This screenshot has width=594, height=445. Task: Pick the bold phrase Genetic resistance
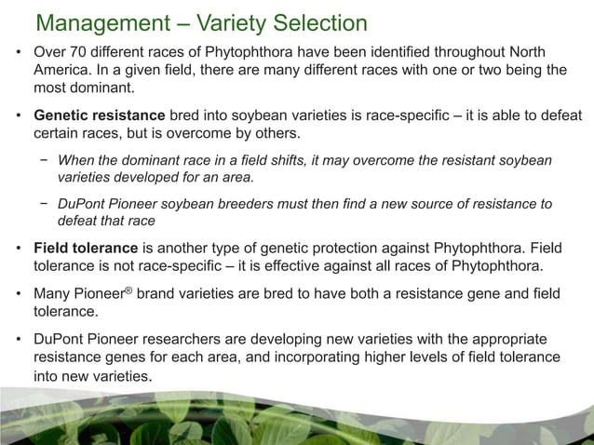click(x=100, y=115)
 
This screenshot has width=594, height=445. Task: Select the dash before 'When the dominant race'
click(x=44, y=160)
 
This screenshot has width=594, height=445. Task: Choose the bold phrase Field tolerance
click(x=85, y=249)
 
